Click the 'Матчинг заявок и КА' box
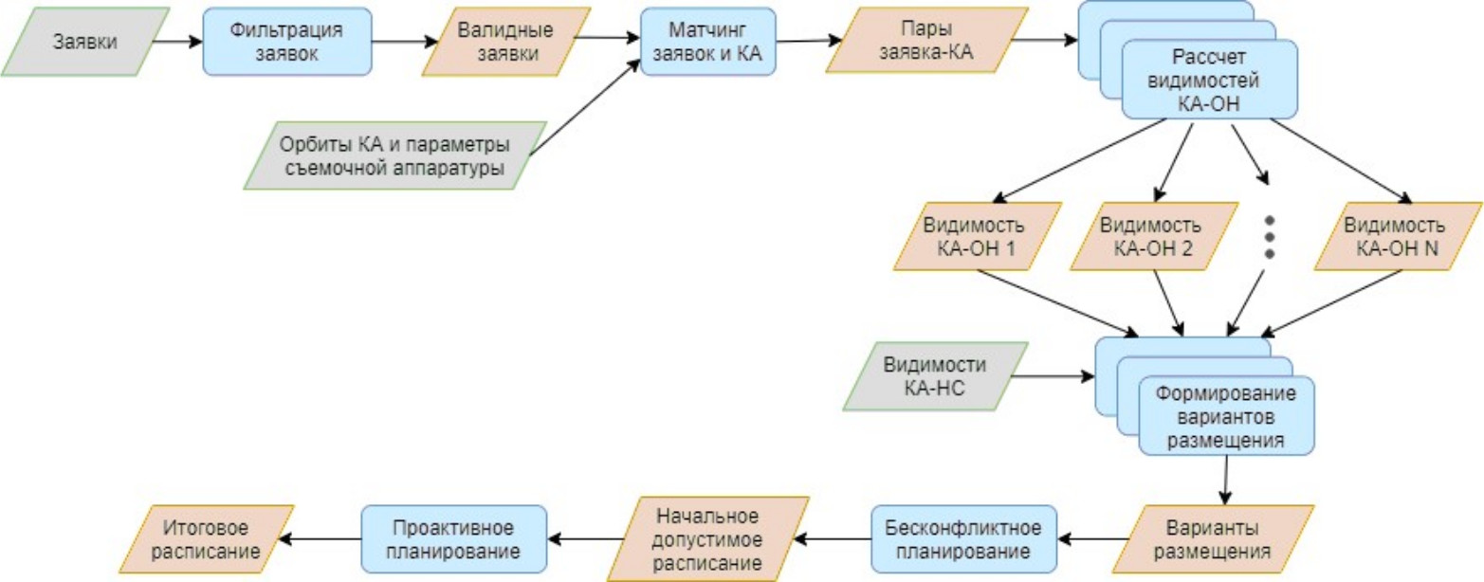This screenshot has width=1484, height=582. pos(707,42)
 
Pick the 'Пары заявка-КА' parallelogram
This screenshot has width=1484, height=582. pos(926,42)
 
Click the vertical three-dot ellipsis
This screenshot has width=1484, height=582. pos(1270,236)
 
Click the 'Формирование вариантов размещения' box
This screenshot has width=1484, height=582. pos(1224,415)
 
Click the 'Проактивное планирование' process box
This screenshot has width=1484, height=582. pos(454,538)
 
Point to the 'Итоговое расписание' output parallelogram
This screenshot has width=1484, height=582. pos(211,538)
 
